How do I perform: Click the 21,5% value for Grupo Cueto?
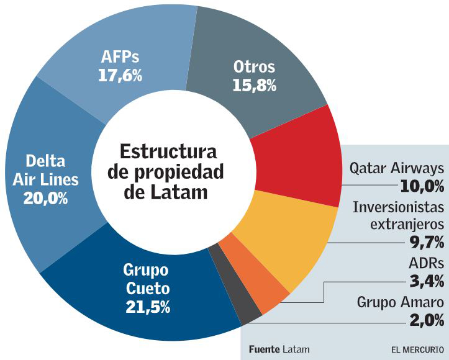[x=148, y=306]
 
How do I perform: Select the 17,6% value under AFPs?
[x=120, y=76]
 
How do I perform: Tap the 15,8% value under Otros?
[x=254, y=85]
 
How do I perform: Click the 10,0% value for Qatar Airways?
[x=422, y=186]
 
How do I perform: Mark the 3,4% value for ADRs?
[x=428, y=281]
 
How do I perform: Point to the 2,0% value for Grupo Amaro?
[x=427, y=321]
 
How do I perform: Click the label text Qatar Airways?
[x=397, y=168]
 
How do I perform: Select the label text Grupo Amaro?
[x=401, y=303]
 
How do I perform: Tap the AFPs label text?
[x=120, y=58]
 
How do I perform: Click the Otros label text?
[x=254, y=67]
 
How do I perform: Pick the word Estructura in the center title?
[x=168, y=151]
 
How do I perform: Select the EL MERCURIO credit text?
[x=417, y=349]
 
